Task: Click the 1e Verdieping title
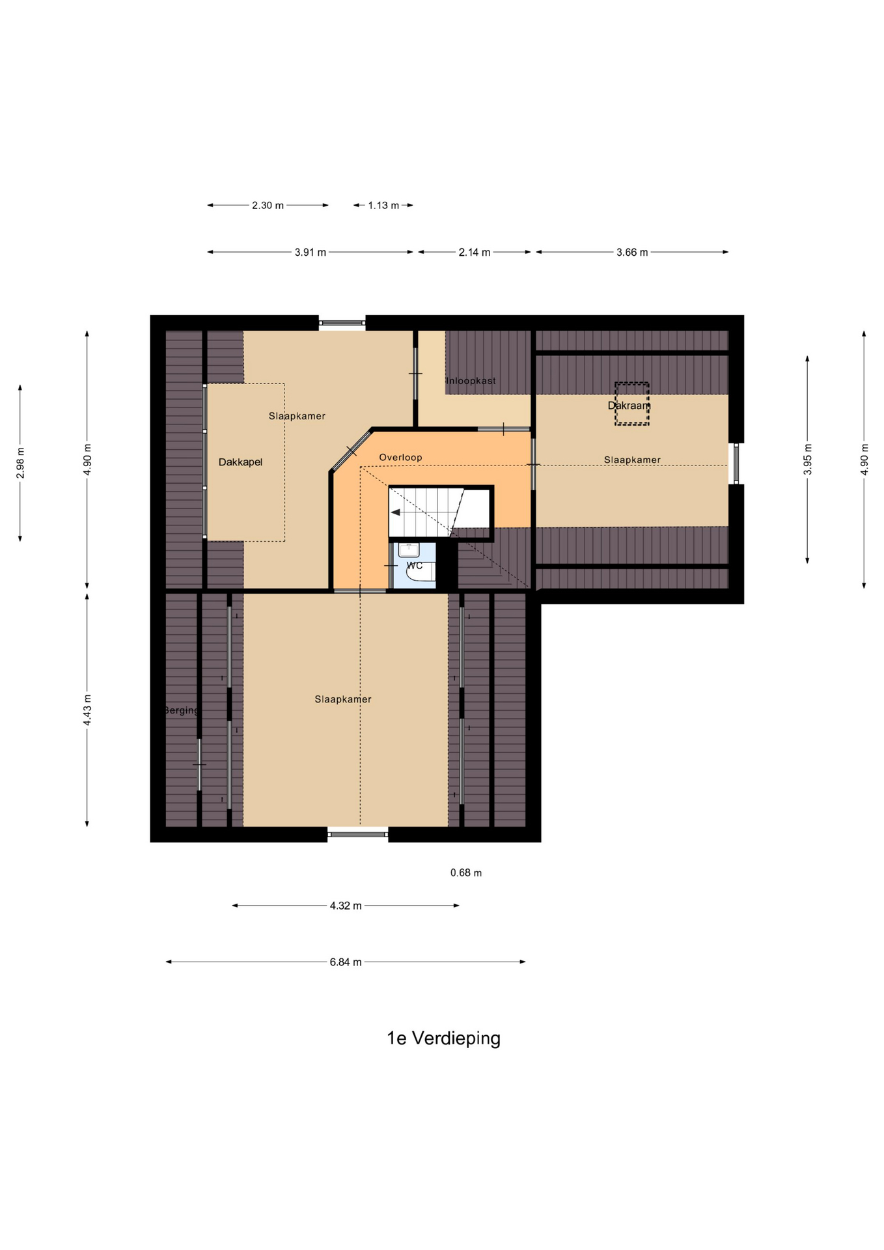443,1038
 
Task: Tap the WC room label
415,565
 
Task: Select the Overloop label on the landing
400,457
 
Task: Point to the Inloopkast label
471,380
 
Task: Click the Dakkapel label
240,462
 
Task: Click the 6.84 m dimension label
346,962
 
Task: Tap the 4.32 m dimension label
346,906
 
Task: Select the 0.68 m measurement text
466,872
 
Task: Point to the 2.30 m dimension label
268,205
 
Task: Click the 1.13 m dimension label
383,205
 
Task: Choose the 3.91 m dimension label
311,252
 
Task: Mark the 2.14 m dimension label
475,252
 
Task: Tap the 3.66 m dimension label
632,252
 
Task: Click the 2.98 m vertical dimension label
20,462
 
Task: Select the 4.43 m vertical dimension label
87,710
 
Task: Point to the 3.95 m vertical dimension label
808,460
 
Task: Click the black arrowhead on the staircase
395,512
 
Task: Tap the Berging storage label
181,710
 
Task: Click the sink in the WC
409,550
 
